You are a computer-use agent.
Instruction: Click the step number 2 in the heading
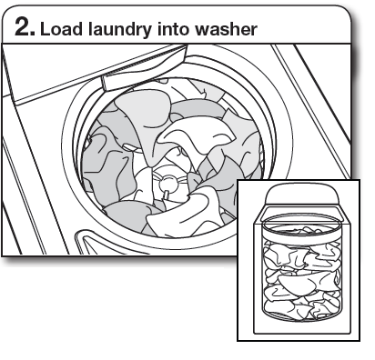[x=22, y=29]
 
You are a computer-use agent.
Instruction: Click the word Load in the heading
[x=60, y=30]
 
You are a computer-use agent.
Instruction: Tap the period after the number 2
[x=35, y=36]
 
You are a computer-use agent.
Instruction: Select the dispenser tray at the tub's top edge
[x=137, y=80]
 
